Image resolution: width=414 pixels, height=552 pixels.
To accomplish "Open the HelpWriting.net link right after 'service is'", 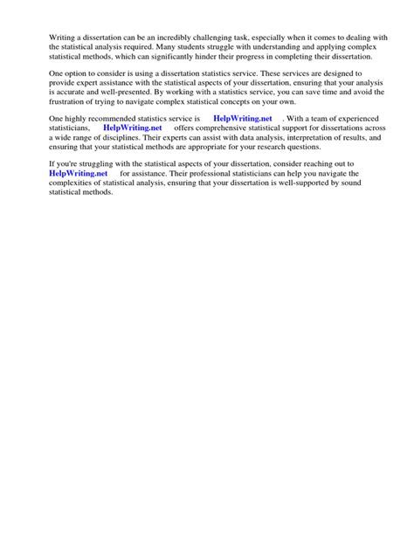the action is [x=242, y=118].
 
